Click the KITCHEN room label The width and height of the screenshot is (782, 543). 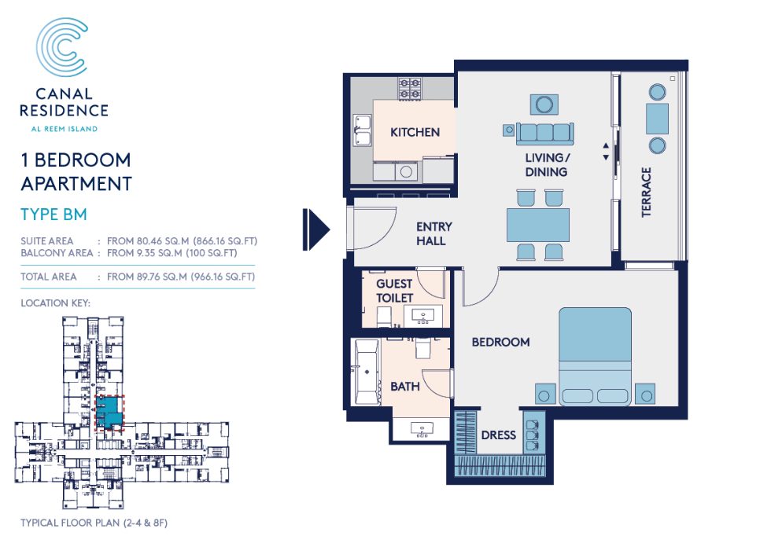(x=415, y=132)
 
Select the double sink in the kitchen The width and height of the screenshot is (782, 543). (x=363, y=130)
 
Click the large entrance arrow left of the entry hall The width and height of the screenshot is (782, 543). (x=317, y=229)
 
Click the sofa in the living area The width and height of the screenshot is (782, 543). (x=544, y=131)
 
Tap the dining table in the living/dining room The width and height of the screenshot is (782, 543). (x=538, y=224)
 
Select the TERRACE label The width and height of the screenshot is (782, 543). (x=646, y=192)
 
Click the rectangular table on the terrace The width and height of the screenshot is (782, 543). (x=657, y=118)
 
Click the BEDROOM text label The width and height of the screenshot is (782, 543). (x=500, y=343)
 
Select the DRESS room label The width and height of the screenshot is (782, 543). (x=499, y=435)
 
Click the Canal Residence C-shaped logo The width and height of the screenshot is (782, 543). (x=63, y=50)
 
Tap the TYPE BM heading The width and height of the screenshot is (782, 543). (x=53, y=214)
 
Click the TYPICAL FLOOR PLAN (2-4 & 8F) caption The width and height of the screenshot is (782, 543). (x=95, y=523)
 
